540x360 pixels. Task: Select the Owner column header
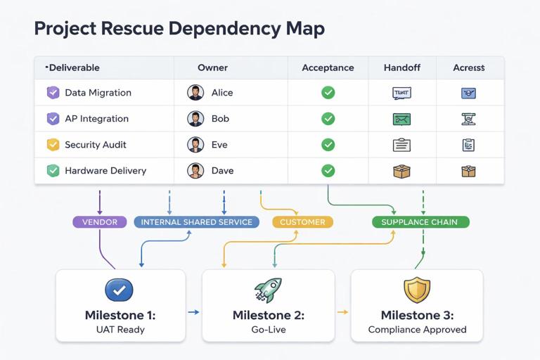(212, 68)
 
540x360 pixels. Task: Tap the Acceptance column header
(328, 68)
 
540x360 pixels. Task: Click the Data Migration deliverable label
(98, 93)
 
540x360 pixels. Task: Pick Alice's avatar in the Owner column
(195, 93)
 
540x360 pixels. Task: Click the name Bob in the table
(220, 119)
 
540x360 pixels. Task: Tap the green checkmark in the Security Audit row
(328, 145)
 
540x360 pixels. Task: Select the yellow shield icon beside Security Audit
(53, 145)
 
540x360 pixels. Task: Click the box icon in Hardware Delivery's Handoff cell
(401, 171)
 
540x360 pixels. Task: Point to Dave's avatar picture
(195, 171)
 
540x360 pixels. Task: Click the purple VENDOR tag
(100, 222)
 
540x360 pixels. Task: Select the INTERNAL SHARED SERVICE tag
(196, 222)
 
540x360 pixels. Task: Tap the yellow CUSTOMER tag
(302, 222)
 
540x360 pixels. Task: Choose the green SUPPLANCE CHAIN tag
(419, 222)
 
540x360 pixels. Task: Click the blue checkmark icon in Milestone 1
(119, 289)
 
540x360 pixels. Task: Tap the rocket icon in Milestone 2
(268, 289)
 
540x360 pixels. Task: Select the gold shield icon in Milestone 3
(417, 289)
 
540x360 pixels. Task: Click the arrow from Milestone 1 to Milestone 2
(193, 311)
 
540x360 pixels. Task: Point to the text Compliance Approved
(417, 329)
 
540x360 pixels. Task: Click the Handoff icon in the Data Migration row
(401, 93)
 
